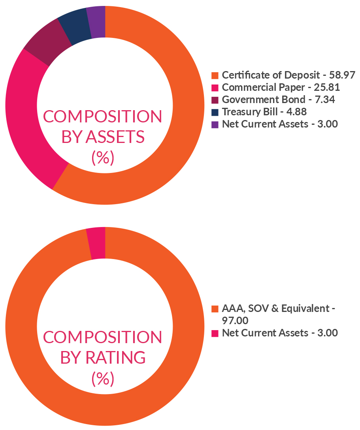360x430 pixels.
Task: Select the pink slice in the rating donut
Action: coord(96,243)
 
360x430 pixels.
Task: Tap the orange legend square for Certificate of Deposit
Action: coord(215,75)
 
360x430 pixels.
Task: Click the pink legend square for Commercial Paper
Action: coord(215,87)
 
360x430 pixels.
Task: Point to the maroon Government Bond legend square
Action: coord(215,100)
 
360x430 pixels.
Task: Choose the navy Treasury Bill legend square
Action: coord(215,112)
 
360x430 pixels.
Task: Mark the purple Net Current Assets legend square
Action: coord(215,124)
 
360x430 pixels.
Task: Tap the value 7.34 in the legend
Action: coord(324,100)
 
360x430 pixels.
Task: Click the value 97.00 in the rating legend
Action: coord(235,320)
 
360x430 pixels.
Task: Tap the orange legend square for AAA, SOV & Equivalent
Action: coord(215,308)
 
